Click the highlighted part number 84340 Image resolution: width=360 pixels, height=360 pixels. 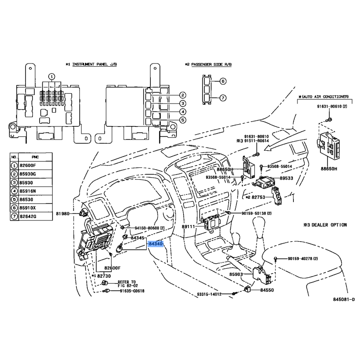pos(155,243)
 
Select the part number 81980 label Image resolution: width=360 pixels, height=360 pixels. pos(63,213)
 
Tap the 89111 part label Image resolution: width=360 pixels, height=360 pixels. pos(189,227)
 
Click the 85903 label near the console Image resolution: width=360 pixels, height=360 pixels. pos(236,274)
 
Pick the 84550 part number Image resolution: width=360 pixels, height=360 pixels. pos(267,290)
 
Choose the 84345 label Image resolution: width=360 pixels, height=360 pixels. pos(137,238)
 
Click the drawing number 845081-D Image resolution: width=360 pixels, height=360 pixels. pos(344,299)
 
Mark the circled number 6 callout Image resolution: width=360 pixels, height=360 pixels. pos(223,81)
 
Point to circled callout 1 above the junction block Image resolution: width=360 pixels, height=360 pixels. pos(51,76)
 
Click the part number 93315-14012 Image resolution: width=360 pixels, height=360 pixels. pos(209,294)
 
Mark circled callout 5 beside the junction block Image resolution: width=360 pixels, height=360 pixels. pos(182,120)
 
